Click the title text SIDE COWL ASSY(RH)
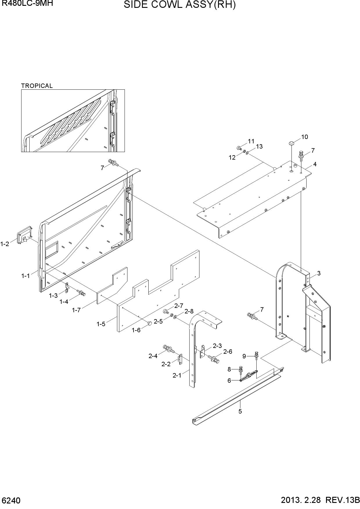coord(180,5)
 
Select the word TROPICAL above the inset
coord(37,86)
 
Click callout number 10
coord(305,137)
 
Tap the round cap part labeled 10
coord(291,143)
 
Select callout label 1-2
coord(5,244)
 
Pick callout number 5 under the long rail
coord(240,411)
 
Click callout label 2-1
coord(177,375)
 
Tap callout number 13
coord(259,147)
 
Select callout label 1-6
coord(136,330)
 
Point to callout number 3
coord(319,273)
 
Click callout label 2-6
coord(228,351)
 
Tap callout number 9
coord(244,356)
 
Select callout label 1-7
coord(76,310)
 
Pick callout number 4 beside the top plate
coord(315,164)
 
